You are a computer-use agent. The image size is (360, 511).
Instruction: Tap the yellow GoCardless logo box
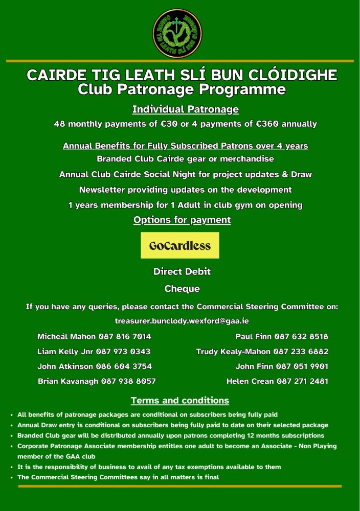pyautogui.click(x=180, y=245)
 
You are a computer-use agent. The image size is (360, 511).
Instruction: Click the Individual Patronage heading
pyautogui.click(x=186, y=109)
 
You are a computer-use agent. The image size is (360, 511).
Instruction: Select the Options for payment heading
pyautogui.click(x=182, y=220)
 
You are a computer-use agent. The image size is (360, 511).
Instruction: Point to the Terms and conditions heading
pyautogui.click(x=180, y=400)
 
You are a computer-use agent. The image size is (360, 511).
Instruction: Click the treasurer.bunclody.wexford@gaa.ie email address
pyautogui.click(x=182, y=321)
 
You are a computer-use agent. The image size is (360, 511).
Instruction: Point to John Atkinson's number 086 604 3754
pyautogui.click(x=124, y=366)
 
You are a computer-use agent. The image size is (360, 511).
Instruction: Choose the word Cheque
pyautogui.click(x=182, y=289)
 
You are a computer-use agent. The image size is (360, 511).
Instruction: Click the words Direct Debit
pyautogui.click(x=182, y=272)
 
